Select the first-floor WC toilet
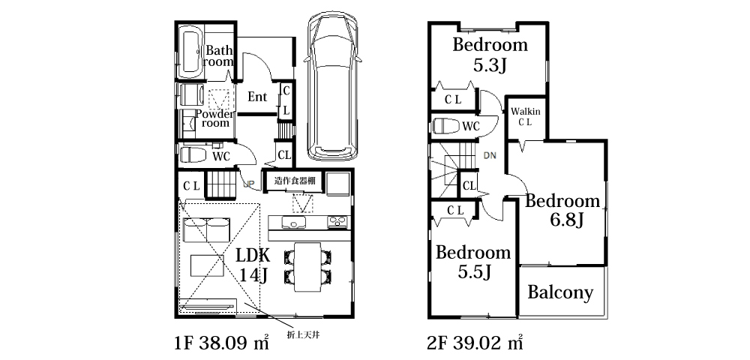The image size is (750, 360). [193, 155]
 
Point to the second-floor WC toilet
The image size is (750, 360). [445, 126]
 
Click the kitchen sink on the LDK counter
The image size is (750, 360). [294, 222]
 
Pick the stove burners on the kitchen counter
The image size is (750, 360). [338, 222]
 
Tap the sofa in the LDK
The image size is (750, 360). [206, 229]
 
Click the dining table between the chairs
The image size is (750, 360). [306, 266]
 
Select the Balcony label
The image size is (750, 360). [560, 292]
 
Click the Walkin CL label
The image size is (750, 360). [526, 116]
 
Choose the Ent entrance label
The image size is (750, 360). [256, 97]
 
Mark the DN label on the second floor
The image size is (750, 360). [490, 155]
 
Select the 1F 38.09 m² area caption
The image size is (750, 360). [221, 342]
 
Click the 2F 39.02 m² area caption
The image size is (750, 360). [475, 342]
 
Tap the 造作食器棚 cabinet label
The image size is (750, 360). [291, 181]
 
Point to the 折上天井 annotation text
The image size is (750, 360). [303, 334]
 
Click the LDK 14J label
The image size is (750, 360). [253, 265]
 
